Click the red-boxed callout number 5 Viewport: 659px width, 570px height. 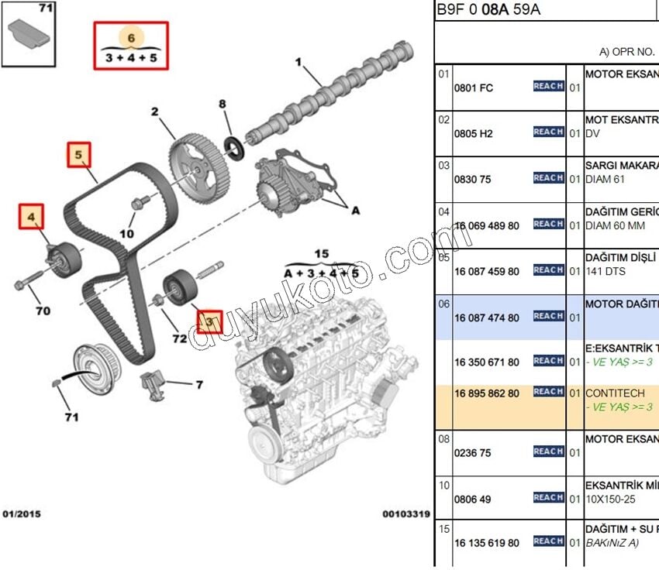(78, 156)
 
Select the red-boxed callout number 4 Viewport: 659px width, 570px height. (32, 218)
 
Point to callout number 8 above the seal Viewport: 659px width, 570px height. (222, 104)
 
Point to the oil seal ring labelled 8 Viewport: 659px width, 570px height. (233, 145)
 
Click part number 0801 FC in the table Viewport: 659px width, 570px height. (474, 88)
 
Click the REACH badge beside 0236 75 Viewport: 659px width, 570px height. (548, 452)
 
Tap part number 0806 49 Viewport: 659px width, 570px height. (473, 500)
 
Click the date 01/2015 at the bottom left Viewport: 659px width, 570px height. (22, 513)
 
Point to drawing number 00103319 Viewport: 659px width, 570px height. (405, 513)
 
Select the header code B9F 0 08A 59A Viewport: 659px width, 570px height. (488, 9)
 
